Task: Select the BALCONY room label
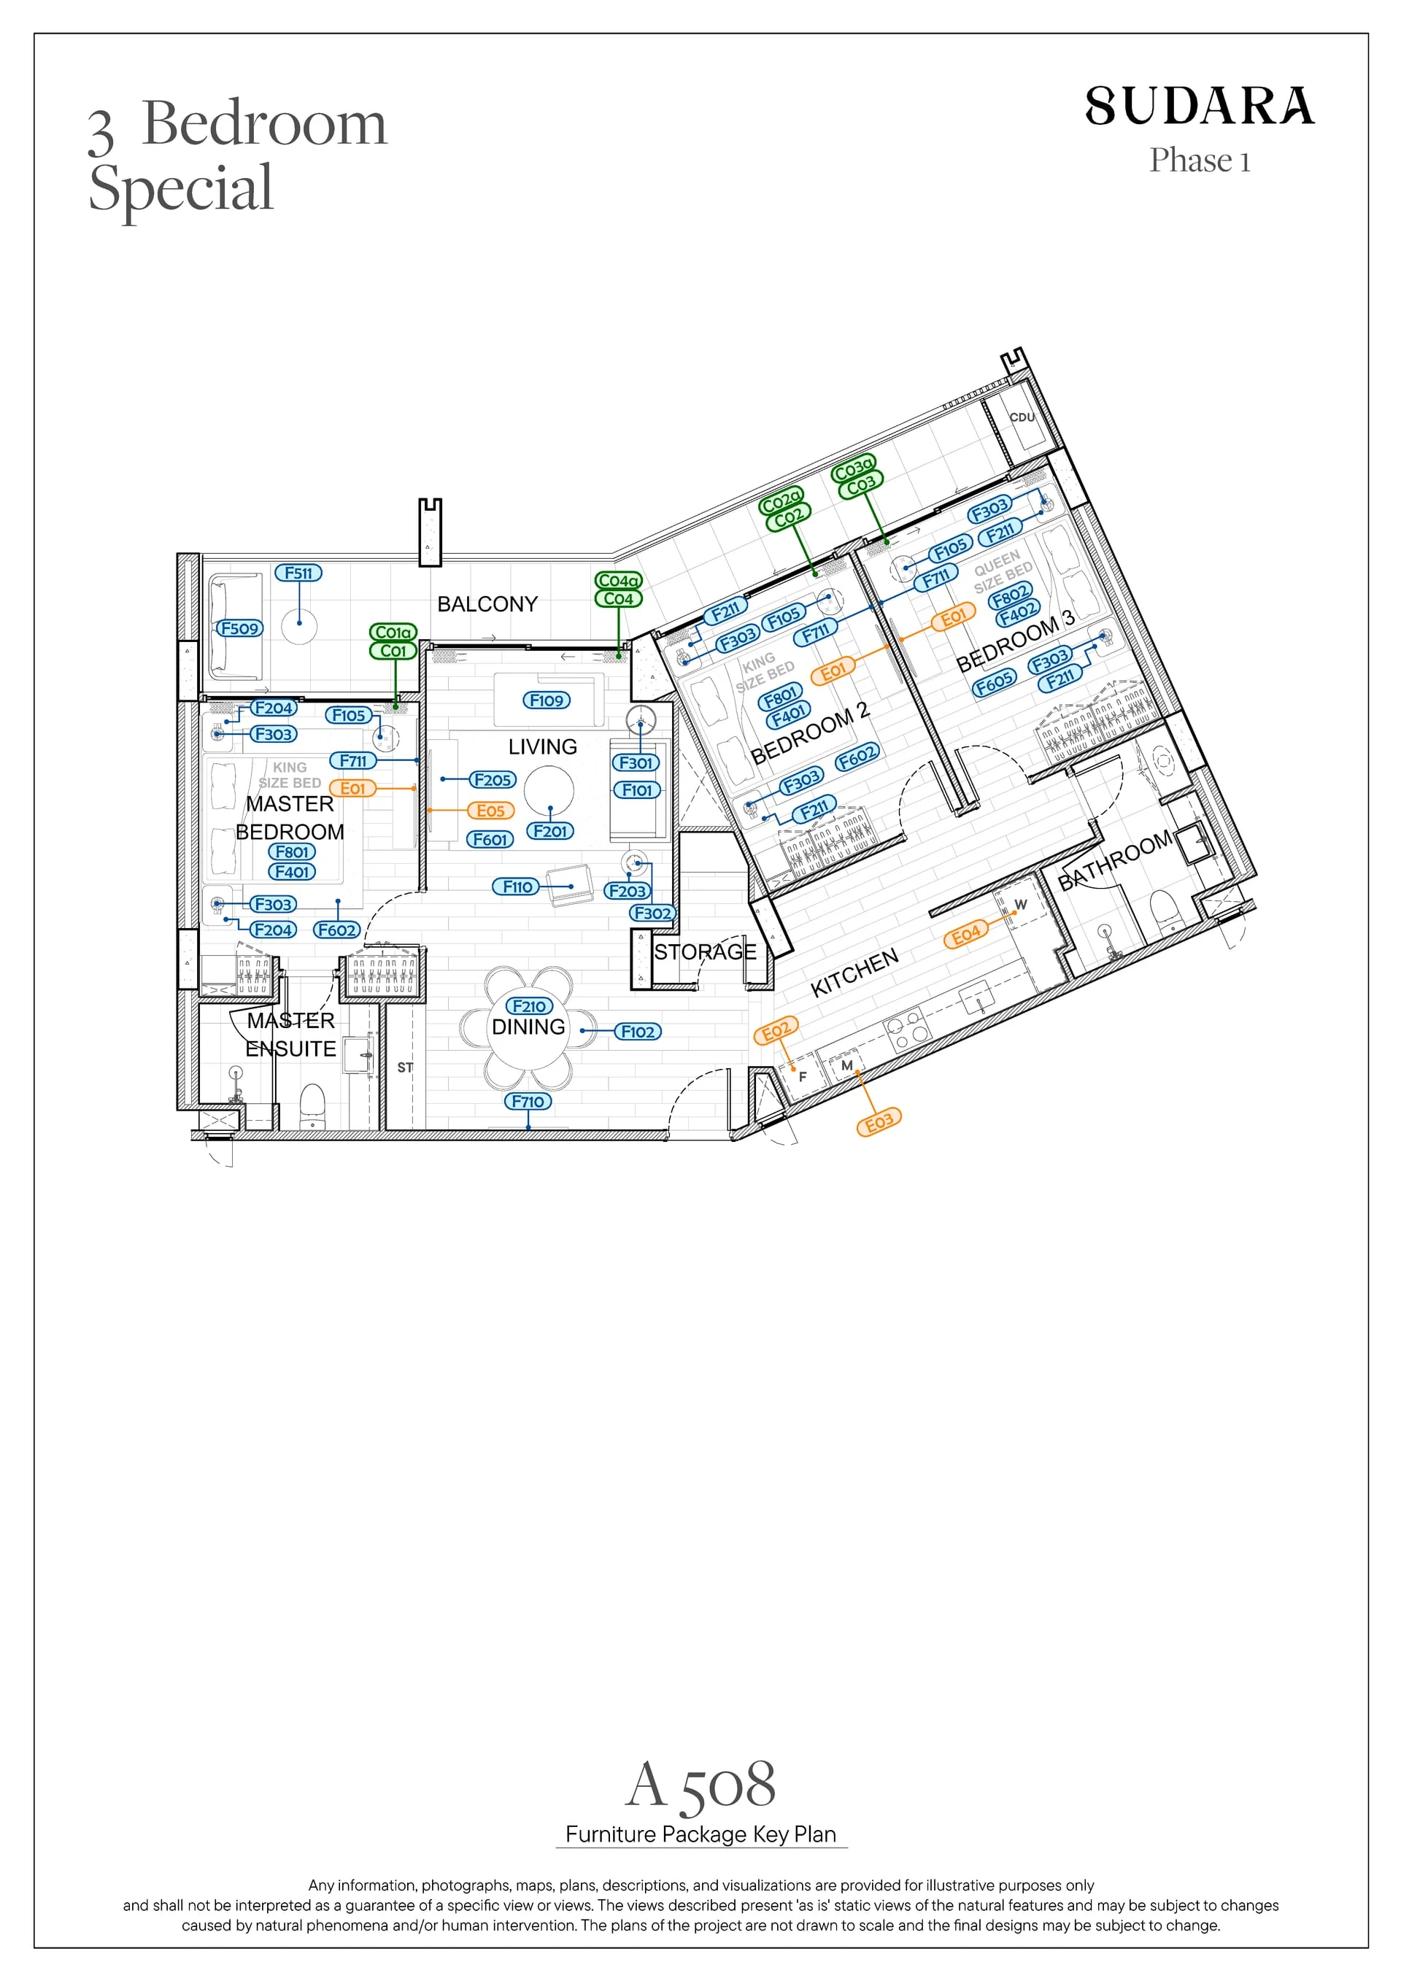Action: pyautogui.click(x=487, y=604)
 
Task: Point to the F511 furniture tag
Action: pyautogui.click(x=298, y=573)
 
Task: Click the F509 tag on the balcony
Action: pyautogui.click(x=240, y=628)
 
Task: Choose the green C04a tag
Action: pyautogui.click(x=619, y=581)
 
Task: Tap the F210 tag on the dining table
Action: pyautogui.click(x=529, y=1006)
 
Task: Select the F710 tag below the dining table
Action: pyautogui.click(x=528, y=1101)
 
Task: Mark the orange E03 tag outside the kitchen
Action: pyautogui.click(x=879, y=1122)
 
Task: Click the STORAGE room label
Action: pyautogui.click(x=705, y=951)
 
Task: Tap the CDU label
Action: pyautogui.click(x=1022, y=417)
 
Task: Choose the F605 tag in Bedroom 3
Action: pyautogui.click(x=994, y=684)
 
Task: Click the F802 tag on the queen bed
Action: pyautogui.click(x=1010, y=596)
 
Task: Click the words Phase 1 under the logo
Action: pyautogui.click(x=1199, y=161)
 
